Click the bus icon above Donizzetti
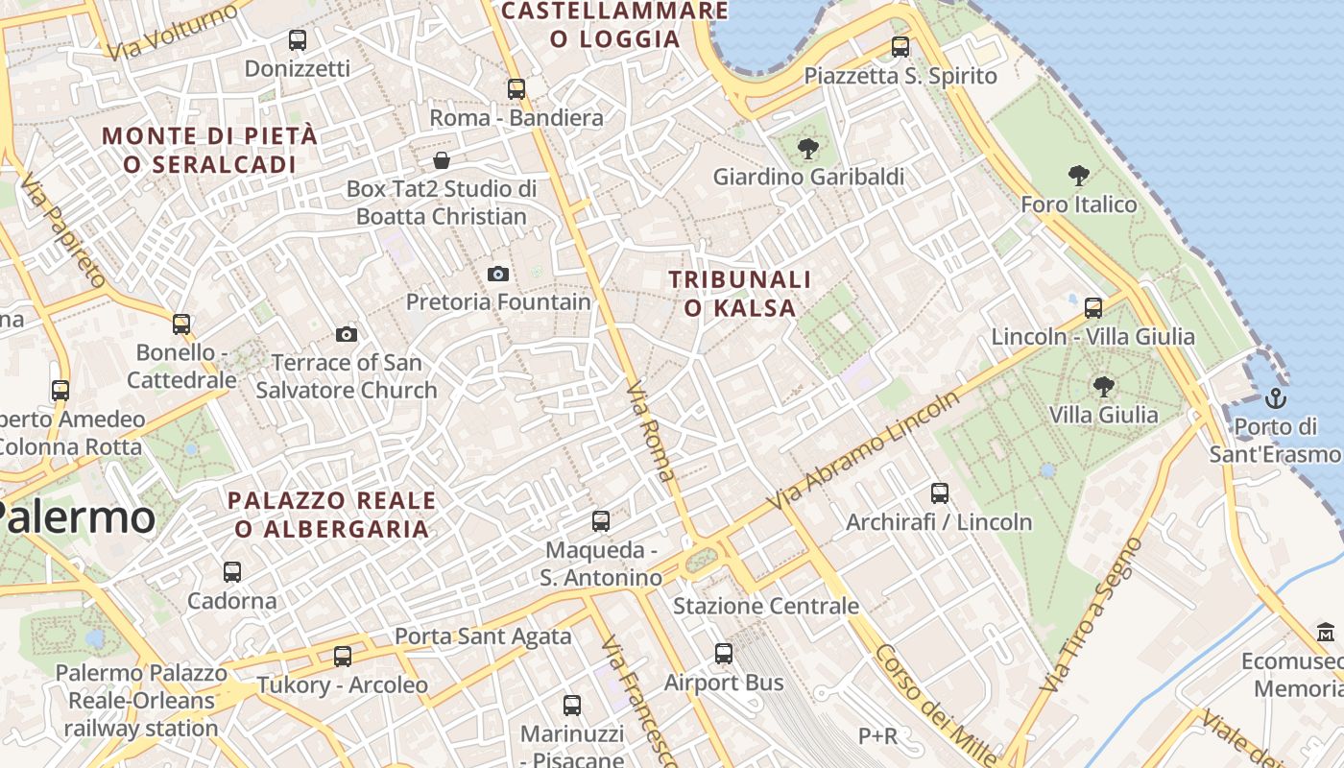[x=298, y=40]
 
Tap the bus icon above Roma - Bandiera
[x=516, y=89]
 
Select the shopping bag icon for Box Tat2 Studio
[x=442, y=159]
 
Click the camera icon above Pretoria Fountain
[x=497, y=275]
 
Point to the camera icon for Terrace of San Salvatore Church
[x=347, y=334]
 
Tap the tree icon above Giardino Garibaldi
[x=808, y=148]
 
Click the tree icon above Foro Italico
[x=1078, y=176]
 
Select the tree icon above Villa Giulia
[x=1103, y=387]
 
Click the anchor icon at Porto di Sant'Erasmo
[x=1276, y=397]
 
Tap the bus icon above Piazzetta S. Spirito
[x=900, y=46]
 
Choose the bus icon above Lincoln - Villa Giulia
[x=1093, y=308]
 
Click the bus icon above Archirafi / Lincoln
[x=940, y=493]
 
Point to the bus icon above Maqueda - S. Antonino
[x=601, y=521]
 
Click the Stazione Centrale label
[x=765, y=606]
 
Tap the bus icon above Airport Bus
[x=724, y=654]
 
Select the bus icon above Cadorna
[x=232, y=572]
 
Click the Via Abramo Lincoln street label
[x=863, y=451]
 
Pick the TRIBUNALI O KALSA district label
[x=740, y=293]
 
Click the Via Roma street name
[x=651, y=429]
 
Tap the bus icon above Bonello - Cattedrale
[x=181, y=324]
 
